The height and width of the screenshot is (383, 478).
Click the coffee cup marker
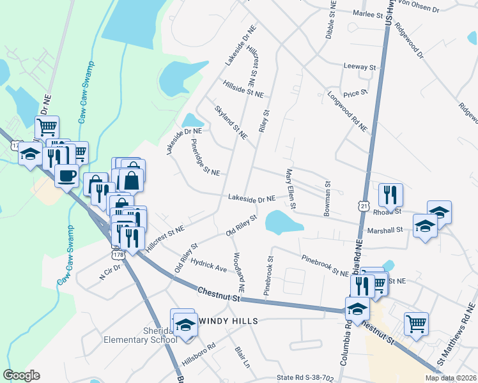point(66,176)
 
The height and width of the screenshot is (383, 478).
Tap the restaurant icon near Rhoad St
point(389,194)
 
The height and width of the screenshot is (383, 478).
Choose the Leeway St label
point(359,66)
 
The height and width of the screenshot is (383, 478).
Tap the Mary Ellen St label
point(291,189)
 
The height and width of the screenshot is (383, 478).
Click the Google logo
point(21,375)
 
